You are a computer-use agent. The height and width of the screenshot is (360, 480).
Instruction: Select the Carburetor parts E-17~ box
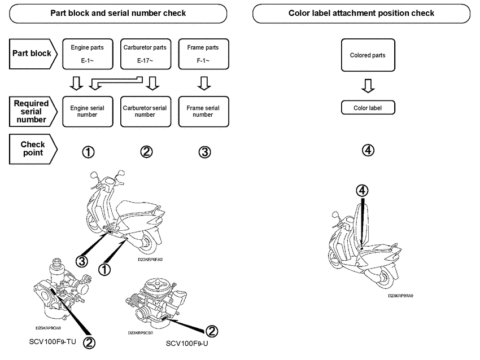(x=145, y=54)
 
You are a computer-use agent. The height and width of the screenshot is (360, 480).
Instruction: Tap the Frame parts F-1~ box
(x=203, y=54)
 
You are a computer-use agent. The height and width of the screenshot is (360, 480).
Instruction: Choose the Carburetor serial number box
(x=145, y=111)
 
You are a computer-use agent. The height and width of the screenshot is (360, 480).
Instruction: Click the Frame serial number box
(x=203, y=111)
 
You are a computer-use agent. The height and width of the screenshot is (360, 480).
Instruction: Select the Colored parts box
(x=368, y=55)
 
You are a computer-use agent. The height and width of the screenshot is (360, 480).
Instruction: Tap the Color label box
(x=368, y=107)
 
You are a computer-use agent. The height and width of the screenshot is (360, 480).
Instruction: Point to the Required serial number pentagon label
(x=33, y=111)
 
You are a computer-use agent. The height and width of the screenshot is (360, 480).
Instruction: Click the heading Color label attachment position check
(x=361, y=13)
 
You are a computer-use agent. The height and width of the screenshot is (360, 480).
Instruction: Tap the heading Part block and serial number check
(x=118, y=13)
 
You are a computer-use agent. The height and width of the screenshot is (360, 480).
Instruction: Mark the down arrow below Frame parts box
(x=203, y=84)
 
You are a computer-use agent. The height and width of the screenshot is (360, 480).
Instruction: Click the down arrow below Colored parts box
(x=368, y=85)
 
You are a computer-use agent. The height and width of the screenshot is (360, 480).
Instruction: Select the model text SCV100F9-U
(x=188, y=343)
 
